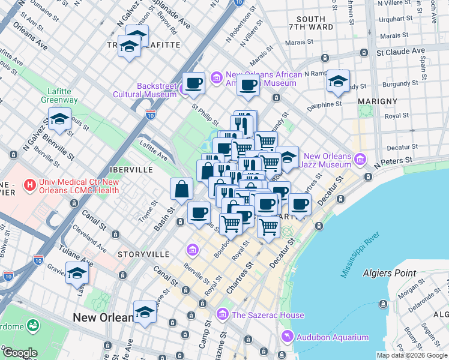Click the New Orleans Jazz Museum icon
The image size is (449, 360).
pyautogui.click(x=359, y=160)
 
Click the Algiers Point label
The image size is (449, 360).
pyautogui.click(x=389, y=273)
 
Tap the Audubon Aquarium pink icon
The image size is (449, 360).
pyautogui.click(x=286, y=337)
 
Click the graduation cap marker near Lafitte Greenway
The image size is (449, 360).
pyautogui.click(x=60, y=120)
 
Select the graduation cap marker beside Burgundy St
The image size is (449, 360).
pyautogui.click(x=338, y=82)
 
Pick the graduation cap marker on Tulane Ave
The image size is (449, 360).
pyautogui.click(x=77, y=274)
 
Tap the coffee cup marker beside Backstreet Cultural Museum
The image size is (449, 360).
pyautogui.click(x=193, y=83)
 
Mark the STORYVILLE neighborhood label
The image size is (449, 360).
pyautogui.click(x=143, y=254)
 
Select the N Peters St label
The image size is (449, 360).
pyautogui.click(x=394, y=161)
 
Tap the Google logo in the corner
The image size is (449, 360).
pyautogui.click(x=19, y=353)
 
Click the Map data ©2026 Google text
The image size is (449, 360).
pyautogui.click(x=412, y=355)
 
